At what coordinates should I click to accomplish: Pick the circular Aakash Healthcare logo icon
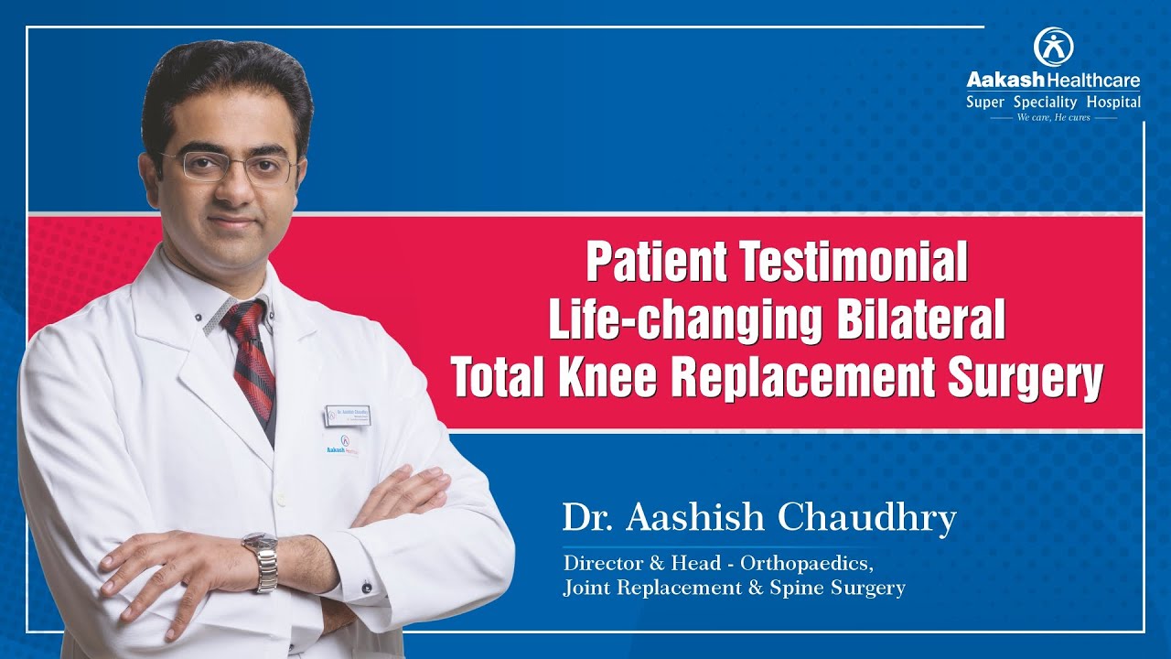1053,47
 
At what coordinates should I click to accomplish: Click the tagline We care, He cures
1053,117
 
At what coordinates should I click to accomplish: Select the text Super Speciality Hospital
1053,103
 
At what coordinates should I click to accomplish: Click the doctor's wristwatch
263,559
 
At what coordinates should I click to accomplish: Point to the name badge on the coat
347,415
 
